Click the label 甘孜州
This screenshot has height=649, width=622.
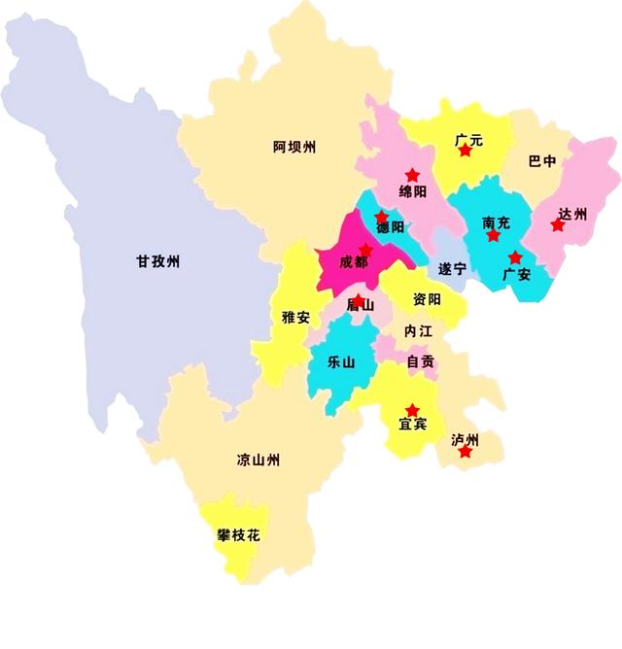pyautogui.click(x=158, y=261)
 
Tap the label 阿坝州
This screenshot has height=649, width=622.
pyautogui.click(x=294, y=148)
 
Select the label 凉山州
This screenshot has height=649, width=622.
pyautogui.click(x=259, y=460)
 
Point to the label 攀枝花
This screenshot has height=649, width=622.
pyautogui.click(x=238, y=535)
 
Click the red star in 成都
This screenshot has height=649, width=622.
pyautogui.click(x=365, y=250)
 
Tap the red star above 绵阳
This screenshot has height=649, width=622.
pyautogui.click(x=412, y=175)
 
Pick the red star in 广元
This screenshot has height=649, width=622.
pyautogui.click(x=465, y=151)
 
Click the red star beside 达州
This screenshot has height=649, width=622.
pyautogui.click(x=557, y=225)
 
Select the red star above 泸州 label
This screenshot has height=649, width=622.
pyautogui.click(x=466, y=451)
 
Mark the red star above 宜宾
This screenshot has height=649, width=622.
pyautogui.click(x=412, y=410)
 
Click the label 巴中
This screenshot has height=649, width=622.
pyautogui.click(x=542, y=161)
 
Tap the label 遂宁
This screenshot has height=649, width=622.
pyautogui.click(x=453, y=267)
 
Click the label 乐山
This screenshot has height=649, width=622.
pyautogui.click(x=341, y=361)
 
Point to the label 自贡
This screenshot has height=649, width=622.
pyautogui.click(x=421, y=361)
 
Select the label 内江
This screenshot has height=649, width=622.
pyautogui.click(x=419, y=331)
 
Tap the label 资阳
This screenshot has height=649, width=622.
pyautogui.click(x=427, y=299)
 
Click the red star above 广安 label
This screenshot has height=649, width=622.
pyautogui.click(x=515, y=257)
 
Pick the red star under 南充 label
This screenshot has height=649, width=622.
pyautogui.click(x=494, y=235)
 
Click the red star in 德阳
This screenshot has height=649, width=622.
pyautogui.click(x=381, y=218)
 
